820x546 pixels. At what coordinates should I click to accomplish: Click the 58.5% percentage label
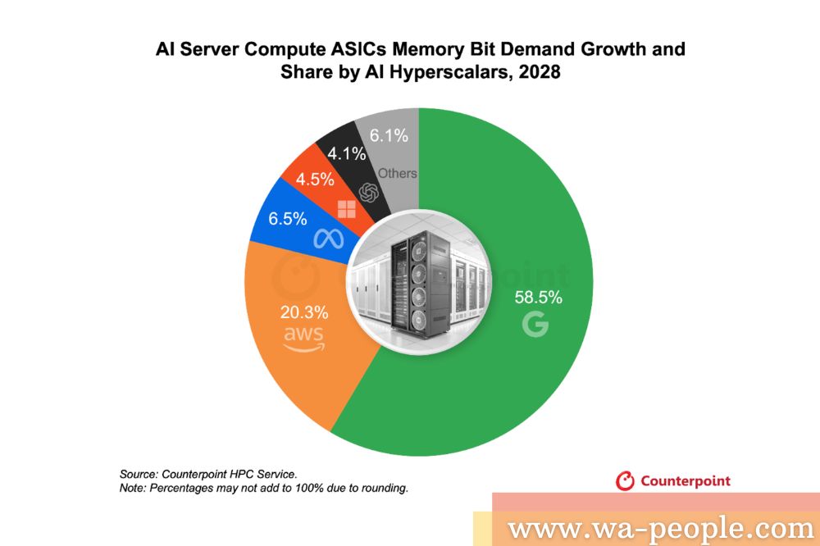click(538, 298)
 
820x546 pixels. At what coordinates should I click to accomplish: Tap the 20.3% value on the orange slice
click(304, 312)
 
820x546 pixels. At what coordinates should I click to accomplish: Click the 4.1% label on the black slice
click(344, 153)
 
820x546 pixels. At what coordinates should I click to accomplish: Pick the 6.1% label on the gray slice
click(389, 136)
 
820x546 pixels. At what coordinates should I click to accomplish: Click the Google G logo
click(535, 325)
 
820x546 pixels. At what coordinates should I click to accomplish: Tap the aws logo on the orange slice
click(303, 338)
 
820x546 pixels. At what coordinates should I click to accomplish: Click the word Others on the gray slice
click(397, 173)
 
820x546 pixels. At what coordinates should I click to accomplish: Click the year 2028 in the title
click(534, 72)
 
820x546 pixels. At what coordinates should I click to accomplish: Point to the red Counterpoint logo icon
click(625, 480)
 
